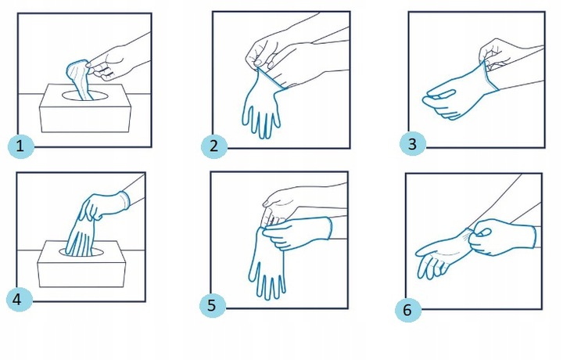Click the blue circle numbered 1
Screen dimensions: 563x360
point(21,146)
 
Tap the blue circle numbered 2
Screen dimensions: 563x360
point(214,146)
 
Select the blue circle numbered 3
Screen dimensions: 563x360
point(413,144)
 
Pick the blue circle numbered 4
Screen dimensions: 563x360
point(20,299)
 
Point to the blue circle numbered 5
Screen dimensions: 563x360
point(213,305)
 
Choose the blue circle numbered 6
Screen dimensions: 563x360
point(408,309)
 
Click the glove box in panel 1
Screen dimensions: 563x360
point(85,108)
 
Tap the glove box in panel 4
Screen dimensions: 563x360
point(82,264)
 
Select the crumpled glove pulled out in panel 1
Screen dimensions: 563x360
point(80,80)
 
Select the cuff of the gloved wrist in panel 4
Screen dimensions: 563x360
point(124,200)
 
